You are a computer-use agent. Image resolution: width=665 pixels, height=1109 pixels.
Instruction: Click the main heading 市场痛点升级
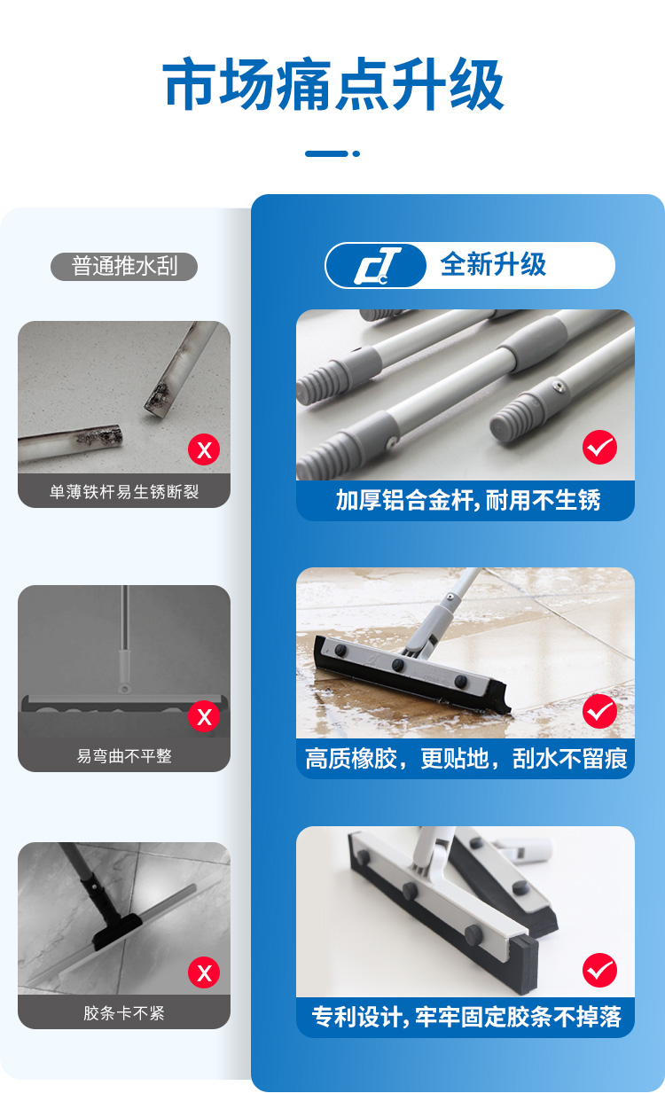[x=333, y=83]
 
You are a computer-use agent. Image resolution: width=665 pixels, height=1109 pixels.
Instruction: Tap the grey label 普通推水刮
[x=124, y=266]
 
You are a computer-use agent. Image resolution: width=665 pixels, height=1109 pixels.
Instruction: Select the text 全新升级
[x=493, y=264]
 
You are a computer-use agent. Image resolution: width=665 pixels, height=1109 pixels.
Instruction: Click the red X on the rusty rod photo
[x=204, y=449]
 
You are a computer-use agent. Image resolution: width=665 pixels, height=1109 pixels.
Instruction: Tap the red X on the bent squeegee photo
[x=204, y=716]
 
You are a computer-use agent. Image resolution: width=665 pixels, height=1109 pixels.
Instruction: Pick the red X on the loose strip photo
[x=204, y=972]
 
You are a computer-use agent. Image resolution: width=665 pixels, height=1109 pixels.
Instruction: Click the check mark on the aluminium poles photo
[x=599, y=447]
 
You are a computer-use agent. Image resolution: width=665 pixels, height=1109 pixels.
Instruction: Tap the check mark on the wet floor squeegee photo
[x=599, y=711]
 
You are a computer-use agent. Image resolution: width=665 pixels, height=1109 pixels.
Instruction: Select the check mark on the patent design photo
[x=599, y=971]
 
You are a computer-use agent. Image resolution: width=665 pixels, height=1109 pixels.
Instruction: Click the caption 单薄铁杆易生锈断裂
[x=124, y=492]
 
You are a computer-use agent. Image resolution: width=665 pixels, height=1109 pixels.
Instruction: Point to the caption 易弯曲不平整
[x=124, y=756]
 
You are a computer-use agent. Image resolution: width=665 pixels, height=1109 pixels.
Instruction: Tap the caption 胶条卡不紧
[x=124, y=1013]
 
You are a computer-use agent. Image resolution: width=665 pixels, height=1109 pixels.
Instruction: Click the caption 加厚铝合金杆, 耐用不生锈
[x=468, y=500]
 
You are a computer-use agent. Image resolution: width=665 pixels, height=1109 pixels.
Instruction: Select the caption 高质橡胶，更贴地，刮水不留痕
[x=466, y=759]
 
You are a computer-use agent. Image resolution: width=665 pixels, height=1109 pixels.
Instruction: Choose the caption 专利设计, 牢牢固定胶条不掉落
[x=466, y=1017]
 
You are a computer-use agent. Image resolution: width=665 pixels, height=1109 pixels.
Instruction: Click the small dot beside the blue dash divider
[x=356, y=153]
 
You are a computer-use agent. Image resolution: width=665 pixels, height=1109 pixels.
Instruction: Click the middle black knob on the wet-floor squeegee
[x=397, y=665]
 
